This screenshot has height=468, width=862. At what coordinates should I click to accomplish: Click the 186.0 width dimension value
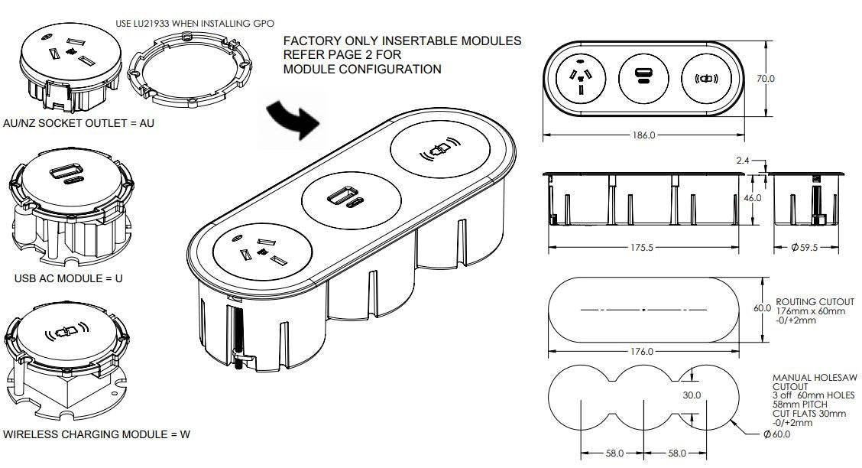click(x=643, y=135)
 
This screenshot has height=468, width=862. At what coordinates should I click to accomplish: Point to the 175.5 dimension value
click(x=643, y=248)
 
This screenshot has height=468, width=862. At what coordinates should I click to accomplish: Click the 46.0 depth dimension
click(x=753, y=198)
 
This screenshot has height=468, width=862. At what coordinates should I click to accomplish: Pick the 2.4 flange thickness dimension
click(x=742, y=161)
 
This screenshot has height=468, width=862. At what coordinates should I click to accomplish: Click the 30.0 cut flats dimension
click(x=692, y=395)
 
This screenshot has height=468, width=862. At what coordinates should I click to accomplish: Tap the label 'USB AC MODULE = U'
click(x=68, y=278)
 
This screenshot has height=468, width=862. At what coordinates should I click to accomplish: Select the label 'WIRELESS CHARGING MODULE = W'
click(x=97, y=434)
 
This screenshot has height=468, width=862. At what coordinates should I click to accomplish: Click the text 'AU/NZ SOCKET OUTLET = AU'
click(x=78, y=122)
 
